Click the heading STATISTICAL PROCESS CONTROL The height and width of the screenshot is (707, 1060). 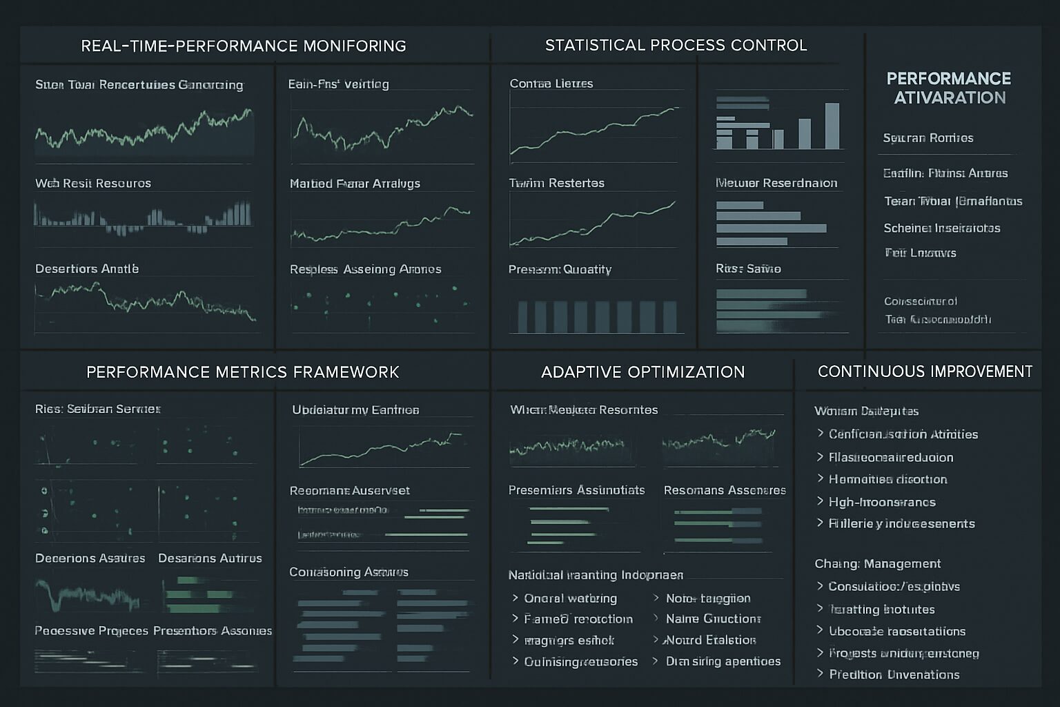pos(676,46)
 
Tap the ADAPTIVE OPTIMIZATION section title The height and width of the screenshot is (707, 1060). pos(642,372)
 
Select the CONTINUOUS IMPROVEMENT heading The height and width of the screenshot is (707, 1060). pos(925,371)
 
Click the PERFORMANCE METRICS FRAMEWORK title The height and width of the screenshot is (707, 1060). pos(242,372)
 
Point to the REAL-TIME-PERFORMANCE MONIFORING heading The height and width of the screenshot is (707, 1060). pos(243,46)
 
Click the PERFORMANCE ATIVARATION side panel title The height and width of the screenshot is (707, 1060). pos(949,88)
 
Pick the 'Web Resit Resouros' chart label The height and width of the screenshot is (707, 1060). pos(93,184)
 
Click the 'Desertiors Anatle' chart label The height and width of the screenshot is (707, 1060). pos(87,269)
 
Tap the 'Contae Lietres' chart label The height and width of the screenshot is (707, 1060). pos(551,84)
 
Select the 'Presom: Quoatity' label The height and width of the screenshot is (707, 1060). pos(560,269)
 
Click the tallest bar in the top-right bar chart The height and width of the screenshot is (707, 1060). pos(832,126)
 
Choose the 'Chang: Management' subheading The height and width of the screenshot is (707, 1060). pos(877,563)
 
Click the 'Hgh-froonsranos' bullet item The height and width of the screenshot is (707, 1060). pos(882,502)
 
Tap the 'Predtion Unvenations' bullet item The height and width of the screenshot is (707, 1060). pos(894,675)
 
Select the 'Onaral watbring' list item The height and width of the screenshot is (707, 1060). pos(570,599)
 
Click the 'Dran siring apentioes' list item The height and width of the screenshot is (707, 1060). pos(723,661)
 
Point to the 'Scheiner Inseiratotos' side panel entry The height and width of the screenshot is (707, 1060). pos(941,228)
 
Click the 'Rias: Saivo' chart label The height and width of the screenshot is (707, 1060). pos(748,269)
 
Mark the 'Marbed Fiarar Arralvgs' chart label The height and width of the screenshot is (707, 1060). pos(355,184)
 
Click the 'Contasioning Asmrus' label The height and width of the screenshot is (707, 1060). pos(349,572)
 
